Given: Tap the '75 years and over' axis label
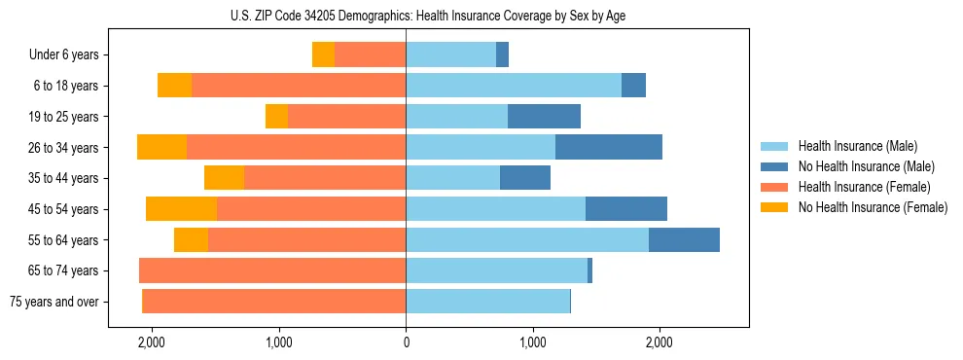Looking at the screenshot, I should click(x=54, y=302).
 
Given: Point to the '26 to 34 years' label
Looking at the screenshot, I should click(x=64, y=148).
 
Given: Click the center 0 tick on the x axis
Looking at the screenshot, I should click(x=406, y=342).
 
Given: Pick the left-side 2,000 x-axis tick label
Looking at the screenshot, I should click(x=152, y=342).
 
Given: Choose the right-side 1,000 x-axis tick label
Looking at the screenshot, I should click(x=532, y=342).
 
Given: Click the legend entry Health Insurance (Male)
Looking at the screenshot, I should click(x=857, y=146).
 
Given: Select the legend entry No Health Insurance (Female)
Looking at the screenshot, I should click(x=873, y=207).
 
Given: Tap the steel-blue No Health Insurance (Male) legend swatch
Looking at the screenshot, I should click(x=775, y=166).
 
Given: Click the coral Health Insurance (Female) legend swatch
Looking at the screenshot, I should click(x=775, y=187).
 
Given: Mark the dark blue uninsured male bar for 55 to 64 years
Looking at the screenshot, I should click(x=684, y=240).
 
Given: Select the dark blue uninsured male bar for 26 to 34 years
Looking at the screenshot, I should click(x=609, y=148).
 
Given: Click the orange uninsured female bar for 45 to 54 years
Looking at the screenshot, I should click(x=181, y=209).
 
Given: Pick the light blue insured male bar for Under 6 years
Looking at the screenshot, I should click(x=450, y=55).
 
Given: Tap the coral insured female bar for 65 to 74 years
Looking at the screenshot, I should click(x=272, y=270).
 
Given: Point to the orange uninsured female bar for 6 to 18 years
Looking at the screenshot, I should click(x=174, y=86).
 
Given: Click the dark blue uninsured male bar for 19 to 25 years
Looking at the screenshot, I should click(x=544, y=117).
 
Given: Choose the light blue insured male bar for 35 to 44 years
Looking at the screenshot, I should click(x=452, y=178).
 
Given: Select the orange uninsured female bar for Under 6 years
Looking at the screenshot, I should click(x=323, y=55).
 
